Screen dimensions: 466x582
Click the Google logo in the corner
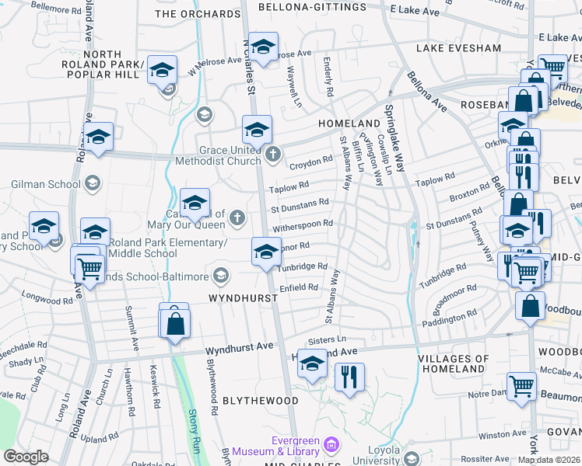pyautogui.click(x=26, y=456)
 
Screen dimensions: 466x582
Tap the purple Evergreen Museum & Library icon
pyautogui.click(x=331, y=446)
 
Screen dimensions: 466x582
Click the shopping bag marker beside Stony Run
pyautogui.click(x=176, y=323)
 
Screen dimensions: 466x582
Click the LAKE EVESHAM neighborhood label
pyautogui.click(x=458, y=48)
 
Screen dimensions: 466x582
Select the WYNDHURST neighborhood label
pyautogui.click(x=239, y=298)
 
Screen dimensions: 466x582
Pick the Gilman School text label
pyautogui.click(x=46, y=184)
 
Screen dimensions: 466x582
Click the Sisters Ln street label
pyautogui.click(x=327, y=339)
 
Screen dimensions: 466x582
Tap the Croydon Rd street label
pyautogui.click(x=310, y=165)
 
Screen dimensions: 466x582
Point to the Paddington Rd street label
pyautogui.click(x=449, y=318)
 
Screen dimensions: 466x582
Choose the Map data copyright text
pyautogui.click(x=549, y=459)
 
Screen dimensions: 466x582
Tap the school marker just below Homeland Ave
pyautogui.click(x=312, y=364)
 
